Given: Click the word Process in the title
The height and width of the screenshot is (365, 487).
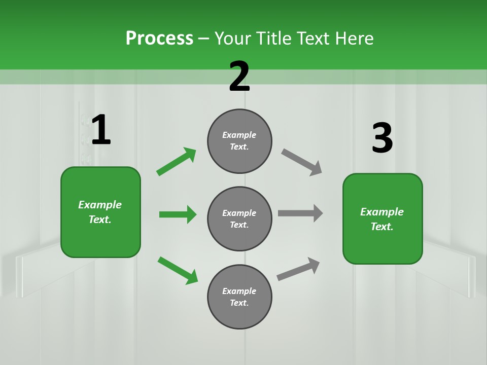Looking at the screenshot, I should click(x=159, y=39).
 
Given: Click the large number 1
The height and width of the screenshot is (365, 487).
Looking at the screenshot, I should click(x=101, y=130).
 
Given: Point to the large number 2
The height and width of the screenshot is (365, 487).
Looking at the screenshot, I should click(x=239, y=77).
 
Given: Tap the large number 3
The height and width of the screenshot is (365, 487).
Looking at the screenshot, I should click(x=382, y=138).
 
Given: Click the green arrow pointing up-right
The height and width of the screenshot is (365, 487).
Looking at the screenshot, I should click(x=177, y=161).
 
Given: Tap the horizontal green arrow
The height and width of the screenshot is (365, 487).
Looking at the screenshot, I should click(x=178, y=214).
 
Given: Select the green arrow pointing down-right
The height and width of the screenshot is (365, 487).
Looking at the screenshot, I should click(x=178, y=270).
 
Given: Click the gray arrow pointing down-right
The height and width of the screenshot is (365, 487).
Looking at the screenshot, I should click(x=301, y=162).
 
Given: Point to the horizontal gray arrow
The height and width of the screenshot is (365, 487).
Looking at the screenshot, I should click(x=300, y=213).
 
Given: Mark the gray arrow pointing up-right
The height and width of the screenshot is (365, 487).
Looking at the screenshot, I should click(x=298, y=269).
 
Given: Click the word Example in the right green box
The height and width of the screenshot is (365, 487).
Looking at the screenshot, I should click(x=382, y=212).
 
